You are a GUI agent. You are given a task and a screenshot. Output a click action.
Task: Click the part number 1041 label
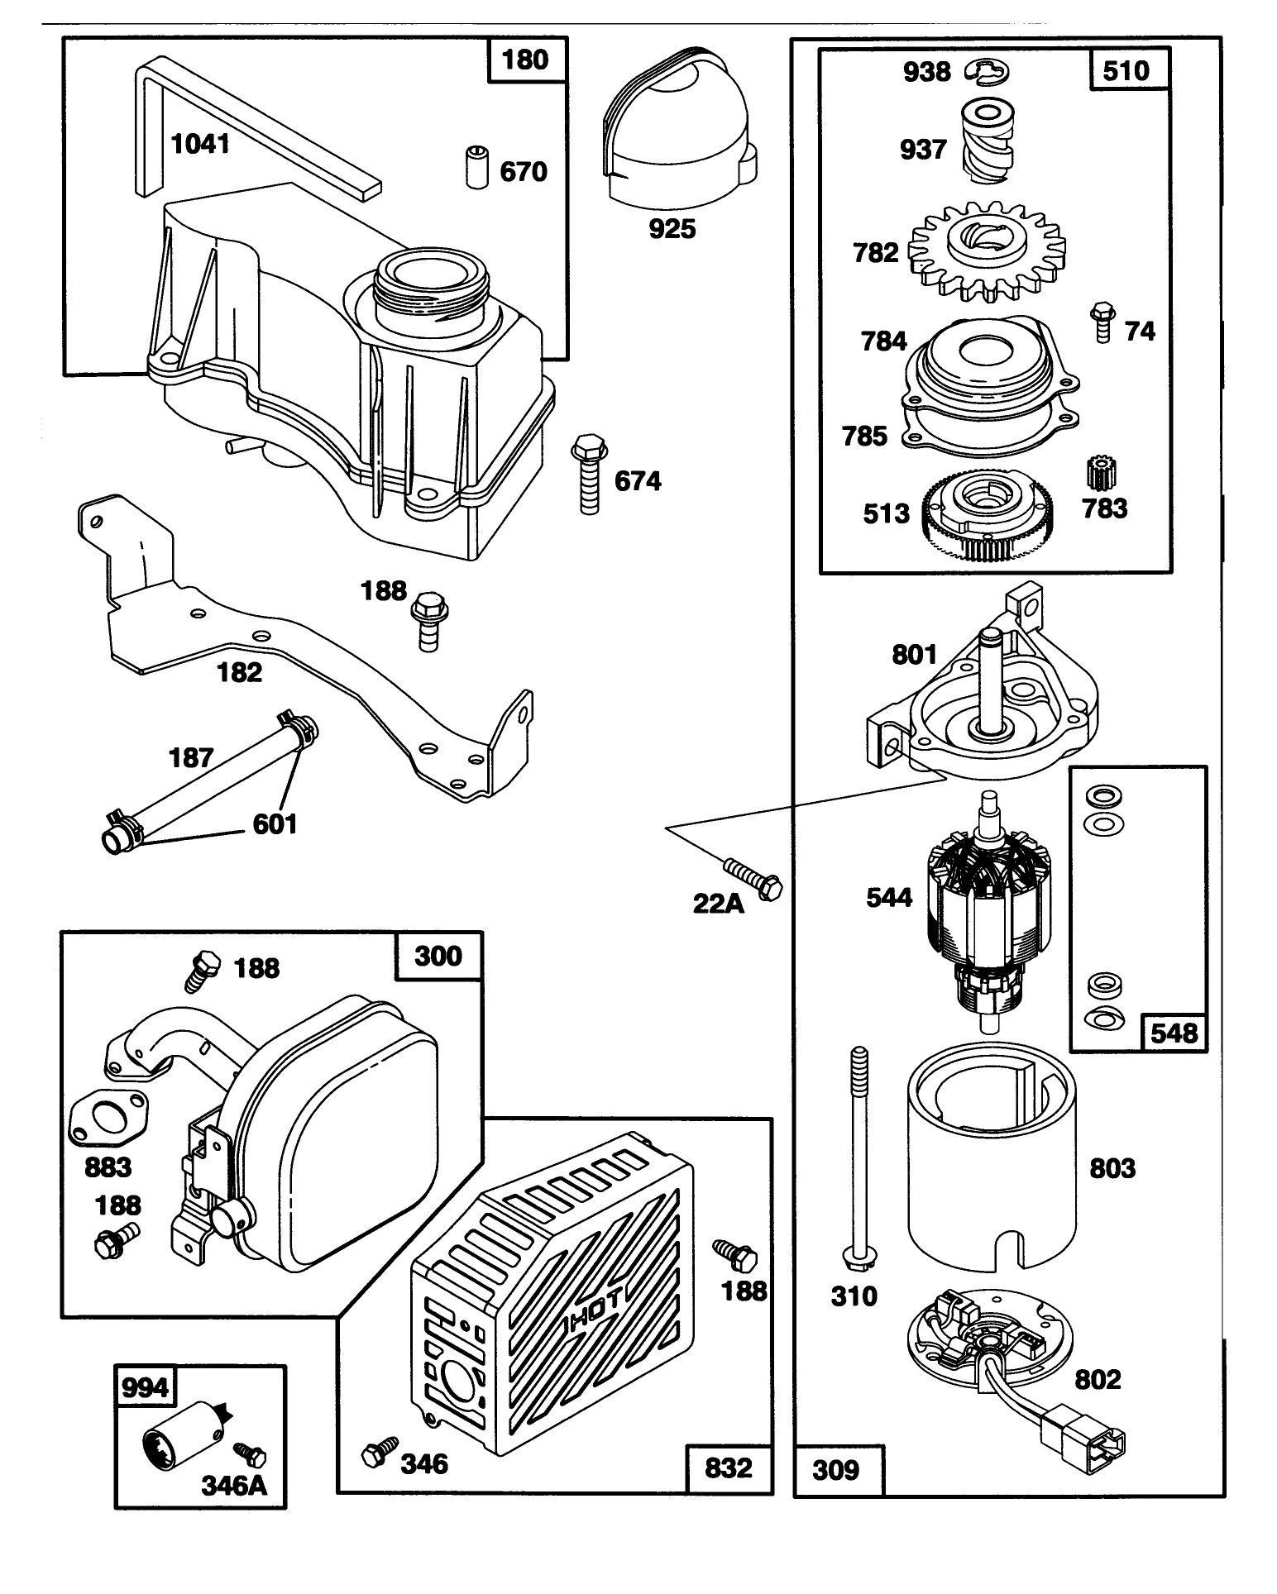point(199,145)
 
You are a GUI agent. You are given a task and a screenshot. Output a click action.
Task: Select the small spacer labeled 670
point(475,167)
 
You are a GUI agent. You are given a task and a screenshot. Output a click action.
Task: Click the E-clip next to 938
point(987,72)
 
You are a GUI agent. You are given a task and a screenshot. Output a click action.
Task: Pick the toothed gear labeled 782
point(985,248)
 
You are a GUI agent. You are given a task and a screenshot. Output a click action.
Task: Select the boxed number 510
point(1126,70)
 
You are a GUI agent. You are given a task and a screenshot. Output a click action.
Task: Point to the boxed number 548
point(1174,1033)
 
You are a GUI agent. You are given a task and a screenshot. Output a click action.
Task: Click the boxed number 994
point(145,1387)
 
